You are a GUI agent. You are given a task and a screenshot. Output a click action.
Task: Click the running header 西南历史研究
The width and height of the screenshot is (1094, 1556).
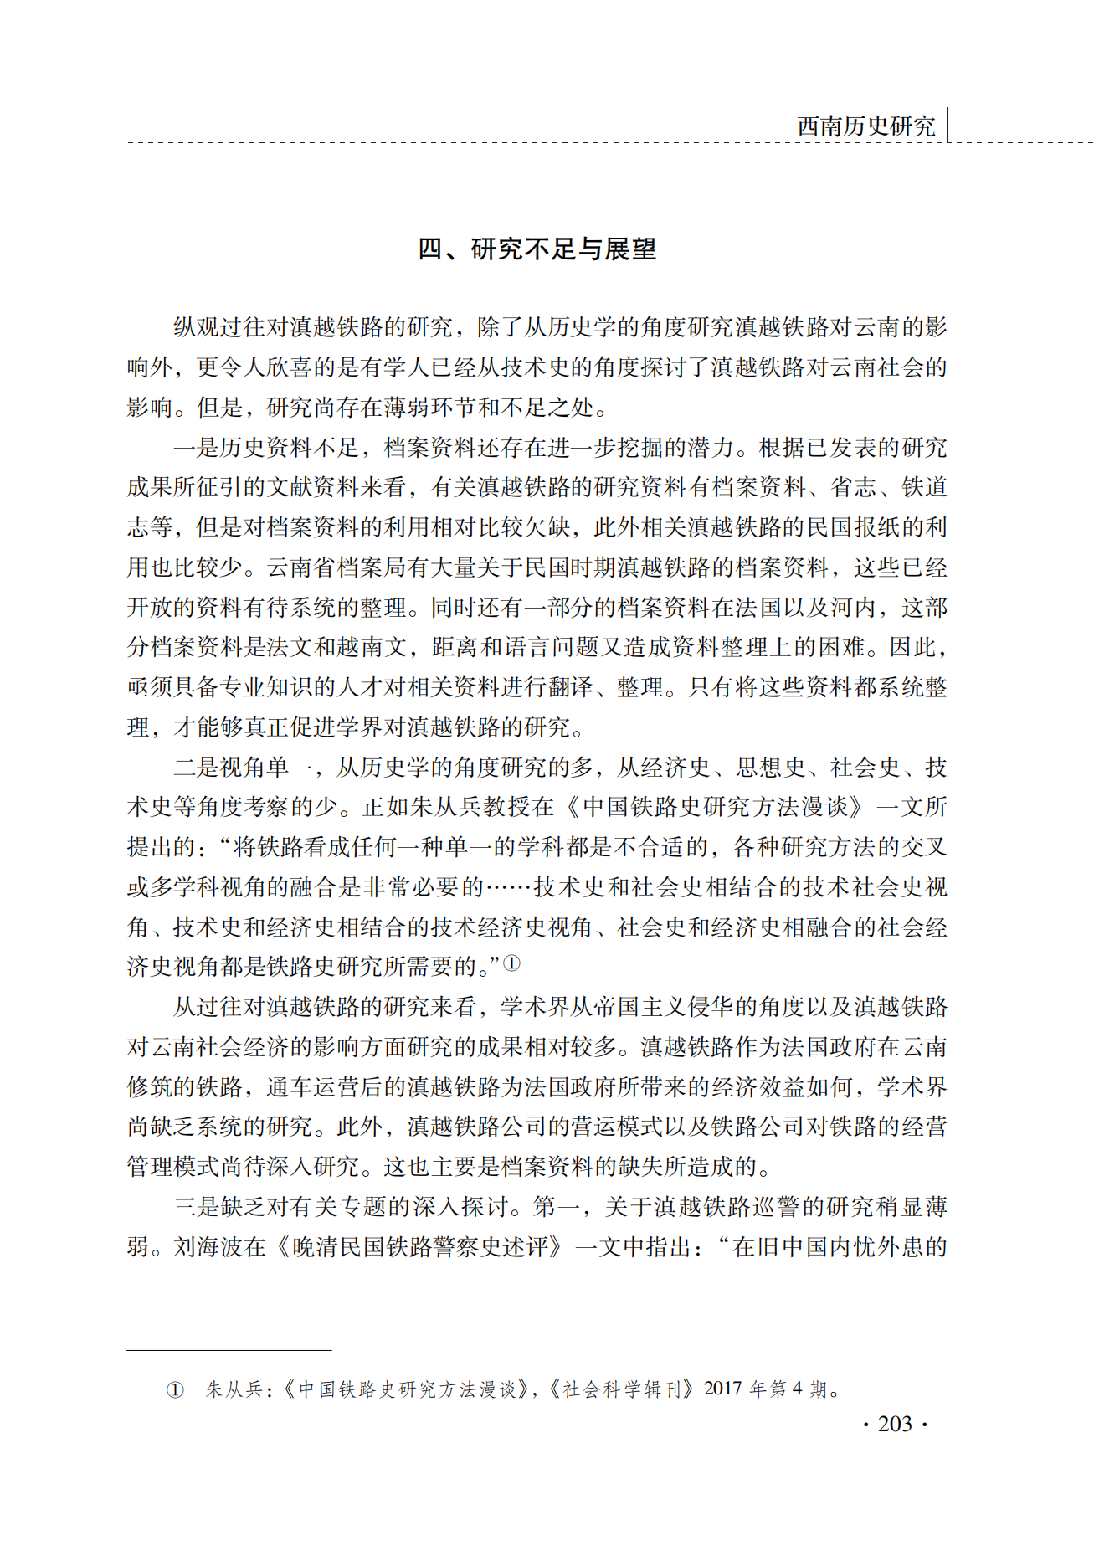865,126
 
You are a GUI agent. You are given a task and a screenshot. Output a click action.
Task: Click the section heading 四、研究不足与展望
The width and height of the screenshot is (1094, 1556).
537,249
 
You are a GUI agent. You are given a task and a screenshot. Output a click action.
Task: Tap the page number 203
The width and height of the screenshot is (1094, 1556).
894,1424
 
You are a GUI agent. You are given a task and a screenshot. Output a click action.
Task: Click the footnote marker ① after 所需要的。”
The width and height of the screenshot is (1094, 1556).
511,963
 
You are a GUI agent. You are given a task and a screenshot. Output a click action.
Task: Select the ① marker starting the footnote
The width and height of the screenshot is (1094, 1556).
175,1390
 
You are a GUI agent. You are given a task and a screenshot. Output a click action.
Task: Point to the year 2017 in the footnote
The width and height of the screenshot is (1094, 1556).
723,1389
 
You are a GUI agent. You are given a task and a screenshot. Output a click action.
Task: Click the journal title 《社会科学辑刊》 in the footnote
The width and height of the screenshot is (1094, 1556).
622,1389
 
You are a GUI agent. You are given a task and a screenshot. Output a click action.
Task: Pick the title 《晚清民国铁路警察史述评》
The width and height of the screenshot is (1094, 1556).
421,1246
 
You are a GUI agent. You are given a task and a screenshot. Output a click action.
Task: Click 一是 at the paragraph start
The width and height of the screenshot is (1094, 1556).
196,447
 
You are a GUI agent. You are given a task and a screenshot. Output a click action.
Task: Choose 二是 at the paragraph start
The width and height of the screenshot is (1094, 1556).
196,767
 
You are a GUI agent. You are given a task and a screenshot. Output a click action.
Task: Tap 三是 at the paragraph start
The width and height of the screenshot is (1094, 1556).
196,1206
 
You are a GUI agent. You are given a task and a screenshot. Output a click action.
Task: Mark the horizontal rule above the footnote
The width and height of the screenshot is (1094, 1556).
229,1350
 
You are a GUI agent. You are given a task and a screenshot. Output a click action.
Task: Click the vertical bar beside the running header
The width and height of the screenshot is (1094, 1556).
948,125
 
